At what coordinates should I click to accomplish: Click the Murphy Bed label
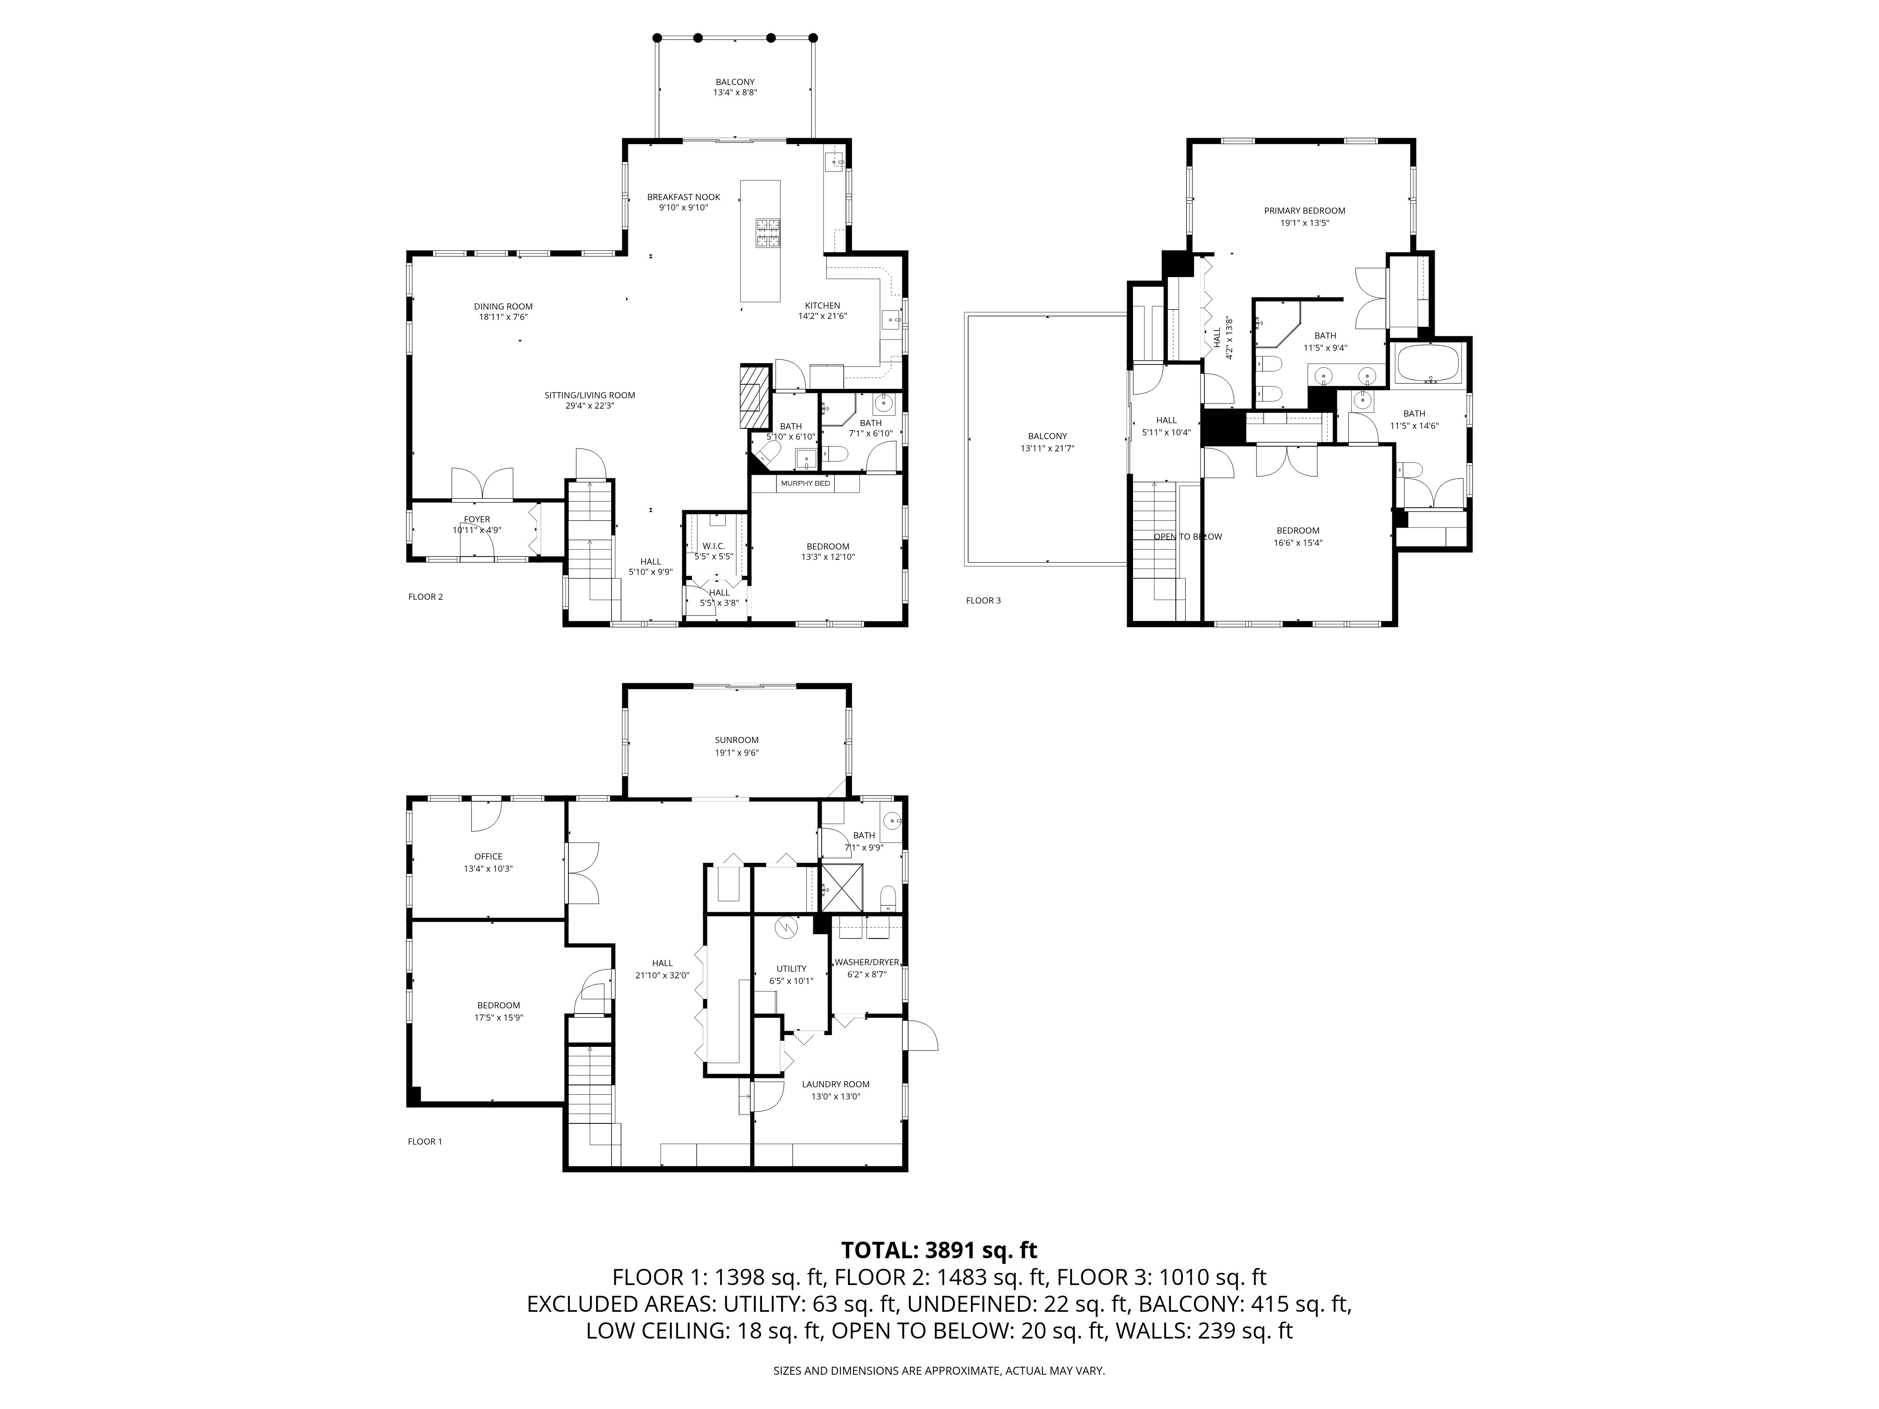tap(805, 483)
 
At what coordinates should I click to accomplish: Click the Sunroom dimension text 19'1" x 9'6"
tap(737, 752)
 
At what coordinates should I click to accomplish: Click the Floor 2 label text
tap(426, 597)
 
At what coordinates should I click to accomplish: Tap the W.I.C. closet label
tap(714, 546)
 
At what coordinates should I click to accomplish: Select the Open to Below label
tap(1188, 537)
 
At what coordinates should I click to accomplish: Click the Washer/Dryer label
tap(866, 962)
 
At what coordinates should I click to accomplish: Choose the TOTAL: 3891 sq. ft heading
tap(939, 1250)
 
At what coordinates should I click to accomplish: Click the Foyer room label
tap(476, 520)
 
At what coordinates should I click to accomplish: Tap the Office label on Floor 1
tap(489, 857)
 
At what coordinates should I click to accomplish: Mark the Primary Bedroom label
tap(1304, 210)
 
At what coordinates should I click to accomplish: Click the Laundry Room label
tap(835, 1084)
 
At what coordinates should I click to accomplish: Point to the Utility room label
tap(791, 969)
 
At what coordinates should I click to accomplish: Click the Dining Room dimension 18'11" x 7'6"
tap(503, 317)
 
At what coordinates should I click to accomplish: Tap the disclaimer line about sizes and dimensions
tap(939, 1371)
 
